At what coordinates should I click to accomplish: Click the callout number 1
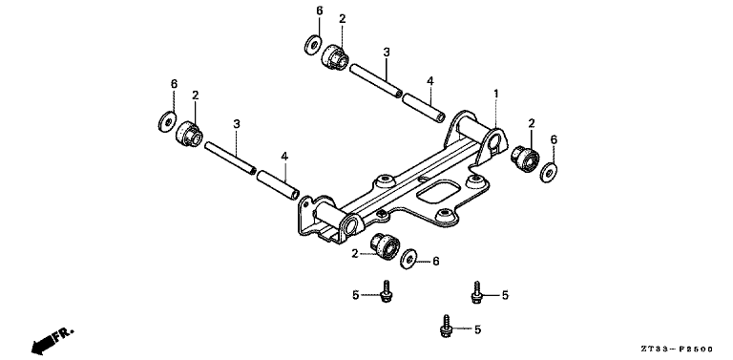(496, 94)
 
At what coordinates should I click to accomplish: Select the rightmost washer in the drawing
(550, 172)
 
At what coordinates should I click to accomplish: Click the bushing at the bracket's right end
(524, 157)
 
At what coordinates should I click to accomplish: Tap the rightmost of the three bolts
(475, 291)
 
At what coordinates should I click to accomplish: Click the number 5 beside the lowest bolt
(476, 328)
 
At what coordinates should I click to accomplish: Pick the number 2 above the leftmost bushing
(195, 95)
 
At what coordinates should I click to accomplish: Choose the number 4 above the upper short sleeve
(430, 82)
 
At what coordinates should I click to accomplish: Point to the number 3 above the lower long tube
(236, 124)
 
